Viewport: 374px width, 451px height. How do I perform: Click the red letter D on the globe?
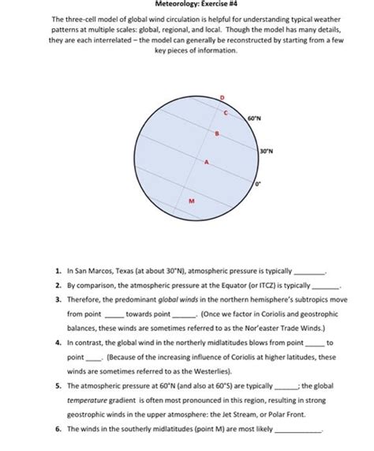(222, 96)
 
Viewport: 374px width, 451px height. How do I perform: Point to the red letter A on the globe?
(206, 162)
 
